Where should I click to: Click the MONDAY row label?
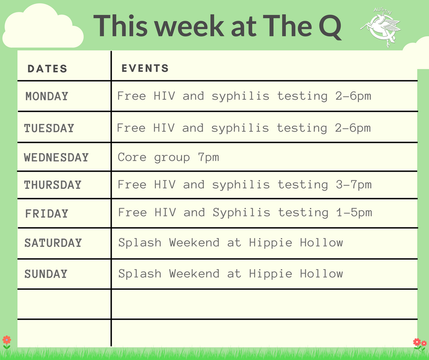[47, 96]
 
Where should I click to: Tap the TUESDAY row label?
[49, 128]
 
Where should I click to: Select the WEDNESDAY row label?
[56, 157]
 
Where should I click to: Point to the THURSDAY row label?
[52, 185]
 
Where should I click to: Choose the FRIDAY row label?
[47, 213]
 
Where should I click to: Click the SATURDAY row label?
[53, 243]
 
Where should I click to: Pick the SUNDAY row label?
[46, 274]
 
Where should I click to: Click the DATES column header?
[47, 69]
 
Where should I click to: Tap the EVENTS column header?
[145, 69]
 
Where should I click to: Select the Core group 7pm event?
[168, 158]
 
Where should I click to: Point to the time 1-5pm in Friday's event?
[354, 213]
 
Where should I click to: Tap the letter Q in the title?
[327, 26]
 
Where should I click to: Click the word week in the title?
[197, 26]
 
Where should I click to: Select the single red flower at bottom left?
[6, 340]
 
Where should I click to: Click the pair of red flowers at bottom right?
[419, 343]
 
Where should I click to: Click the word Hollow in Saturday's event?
[321, 243]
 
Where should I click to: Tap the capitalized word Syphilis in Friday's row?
[241, 213]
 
